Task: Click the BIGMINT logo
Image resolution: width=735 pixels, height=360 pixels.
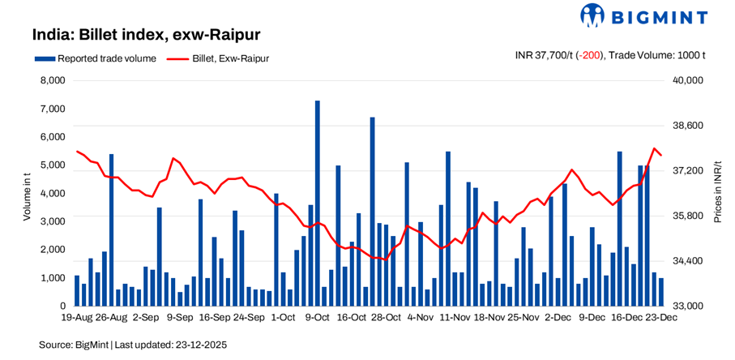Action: click(643, 15)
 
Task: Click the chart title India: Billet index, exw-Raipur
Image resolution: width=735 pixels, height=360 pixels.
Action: click(146, 36)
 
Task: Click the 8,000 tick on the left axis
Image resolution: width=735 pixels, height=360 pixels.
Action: click(53, 81)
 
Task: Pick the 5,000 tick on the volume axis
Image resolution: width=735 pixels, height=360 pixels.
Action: click(53, 165)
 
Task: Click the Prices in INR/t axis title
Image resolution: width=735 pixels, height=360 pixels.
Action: click(717, 193)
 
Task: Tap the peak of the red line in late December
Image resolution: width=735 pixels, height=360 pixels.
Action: click(655, 148)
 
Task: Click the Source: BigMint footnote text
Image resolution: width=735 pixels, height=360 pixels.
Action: click(133, 345)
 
